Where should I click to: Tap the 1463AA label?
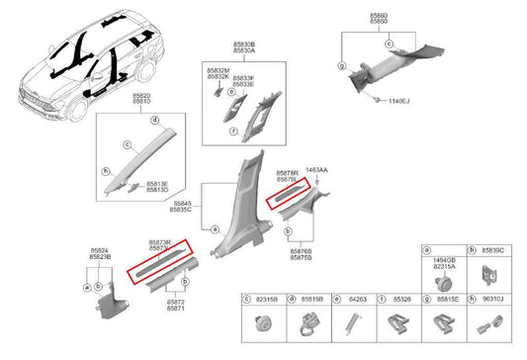(318, 170)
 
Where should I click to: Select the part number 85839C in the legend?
(492, 251)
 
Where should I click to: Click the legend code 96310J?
(492, 298)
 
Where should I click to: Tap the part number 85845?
(181, 204)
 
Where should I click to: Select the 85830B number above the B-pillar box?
(244, 45)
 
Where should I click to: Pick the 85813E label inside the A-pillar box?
(157, 183)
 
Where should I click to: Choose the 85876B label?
(302, 251)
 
